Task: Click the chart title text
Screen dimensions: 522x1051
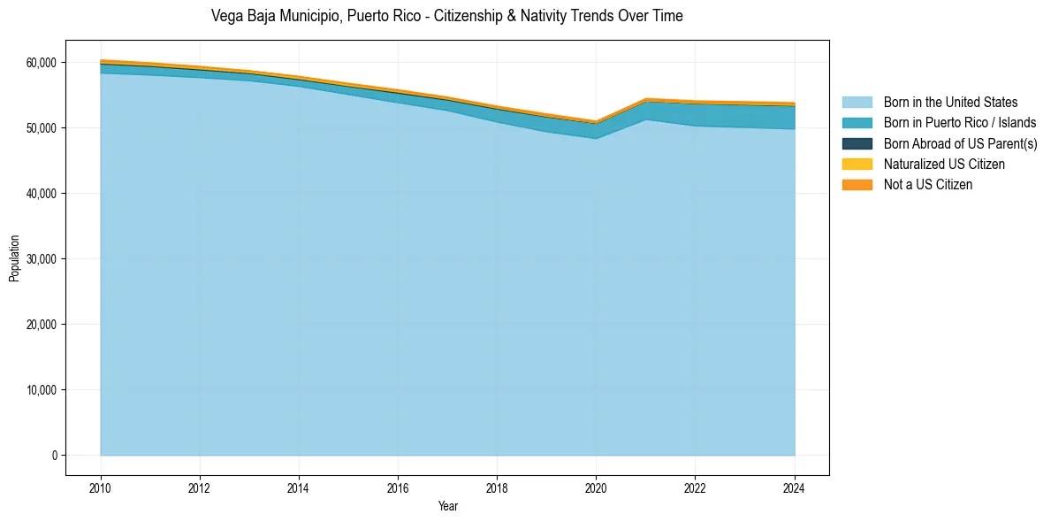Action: [x=447, y=16]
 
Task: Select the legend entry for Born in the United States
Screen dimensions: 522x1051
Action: [x=950, y=103]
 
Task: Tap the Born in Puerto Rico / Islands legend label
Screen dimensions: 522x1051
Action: [x=960, y=123]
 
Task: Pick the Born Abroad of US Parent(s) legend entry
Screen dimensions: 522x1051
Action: [x=960, y=143]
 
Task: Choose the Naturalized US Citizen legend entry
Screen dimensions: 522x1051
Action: [x=944, y=164]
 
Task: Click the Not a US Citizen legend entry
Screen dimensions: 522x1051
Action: [x=928, y=184]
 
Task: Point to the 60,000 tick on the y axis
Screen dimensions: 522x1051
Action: [x=42, y=63]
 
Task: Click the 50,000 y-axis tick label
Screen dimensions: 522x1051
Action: [x=42, y=128]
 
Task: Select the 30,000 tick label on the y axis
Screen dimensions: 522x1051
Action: [x=42, y=259]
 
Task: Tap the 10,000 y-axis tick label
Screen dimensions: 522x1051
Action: [x=42, y=390]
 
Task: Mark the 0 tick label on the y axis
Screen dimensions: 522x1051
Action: [x=54, y=456]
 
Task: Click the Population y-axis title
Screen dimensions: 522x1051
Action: [x=14, y=258]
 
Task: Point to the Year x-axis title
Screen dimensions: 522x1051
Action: [x=448, y=506]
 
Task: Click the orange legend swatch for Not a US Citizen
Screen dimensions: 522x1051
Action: [x=857, y=184]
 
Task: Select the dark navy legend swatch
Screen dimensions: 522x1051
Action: [x=857, y=143]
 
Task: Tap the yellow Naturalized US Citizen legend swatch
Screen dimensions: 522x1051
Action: [x=857, y=164]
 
